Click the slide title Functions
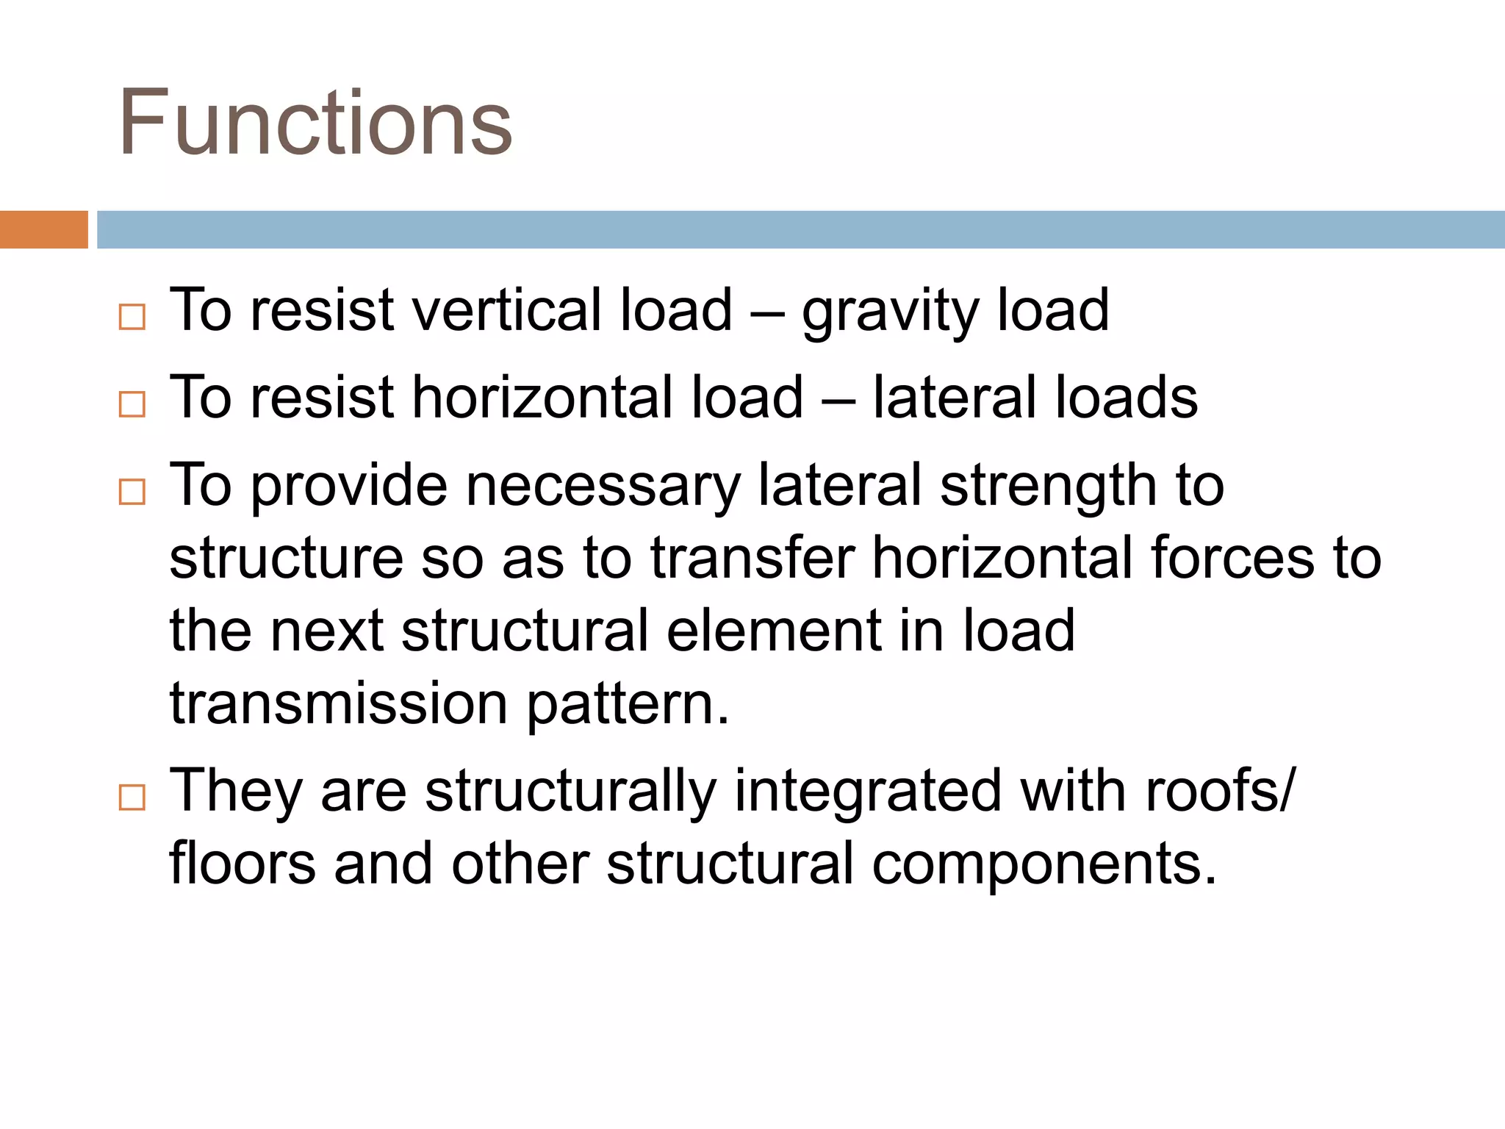point(315,122)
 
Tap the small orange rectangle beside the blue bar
point(43,229)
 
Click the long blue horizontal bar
point(800,229)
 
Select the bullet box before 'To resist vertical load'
point(132,317)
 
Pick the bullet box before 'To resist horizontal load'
point(132,404)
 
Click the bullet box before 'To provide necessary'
point(132,491)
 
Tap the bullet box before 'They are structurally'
point(132,797)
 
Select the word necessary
point(603,487)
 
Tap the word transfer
point(752,557)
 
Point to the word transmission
point(339,703)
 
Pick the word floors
point(243,863)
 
